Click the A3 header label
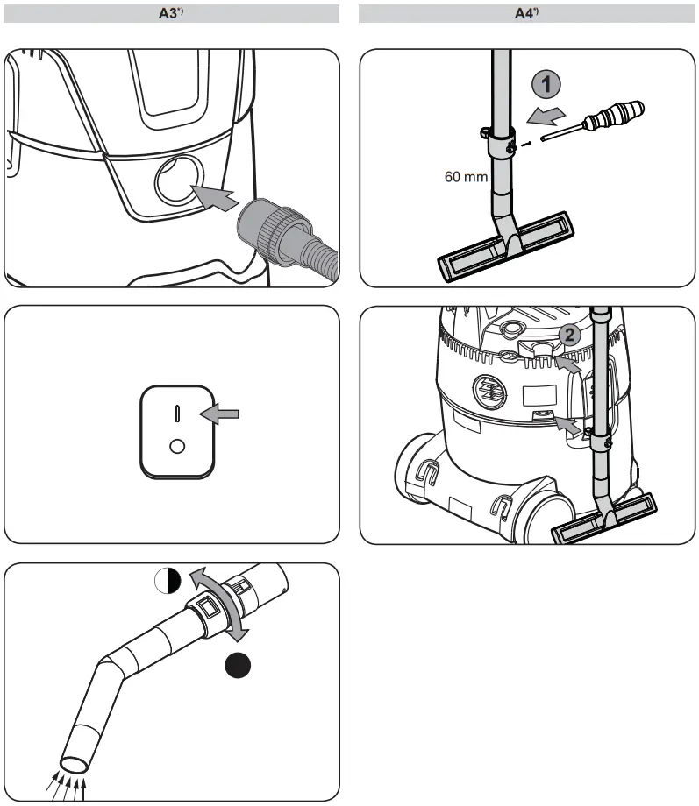[x=172, y=13]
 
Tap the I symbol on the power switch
[x=177, y=413]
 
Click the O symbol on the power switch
[x=177, y=446]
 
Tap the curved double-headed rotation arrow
[x=220, y=604]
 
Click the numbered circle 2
[x=568, y=334]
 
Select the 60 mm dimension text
[x=465, y=176]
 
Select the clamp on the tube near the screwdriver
[x=496, y=135]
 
